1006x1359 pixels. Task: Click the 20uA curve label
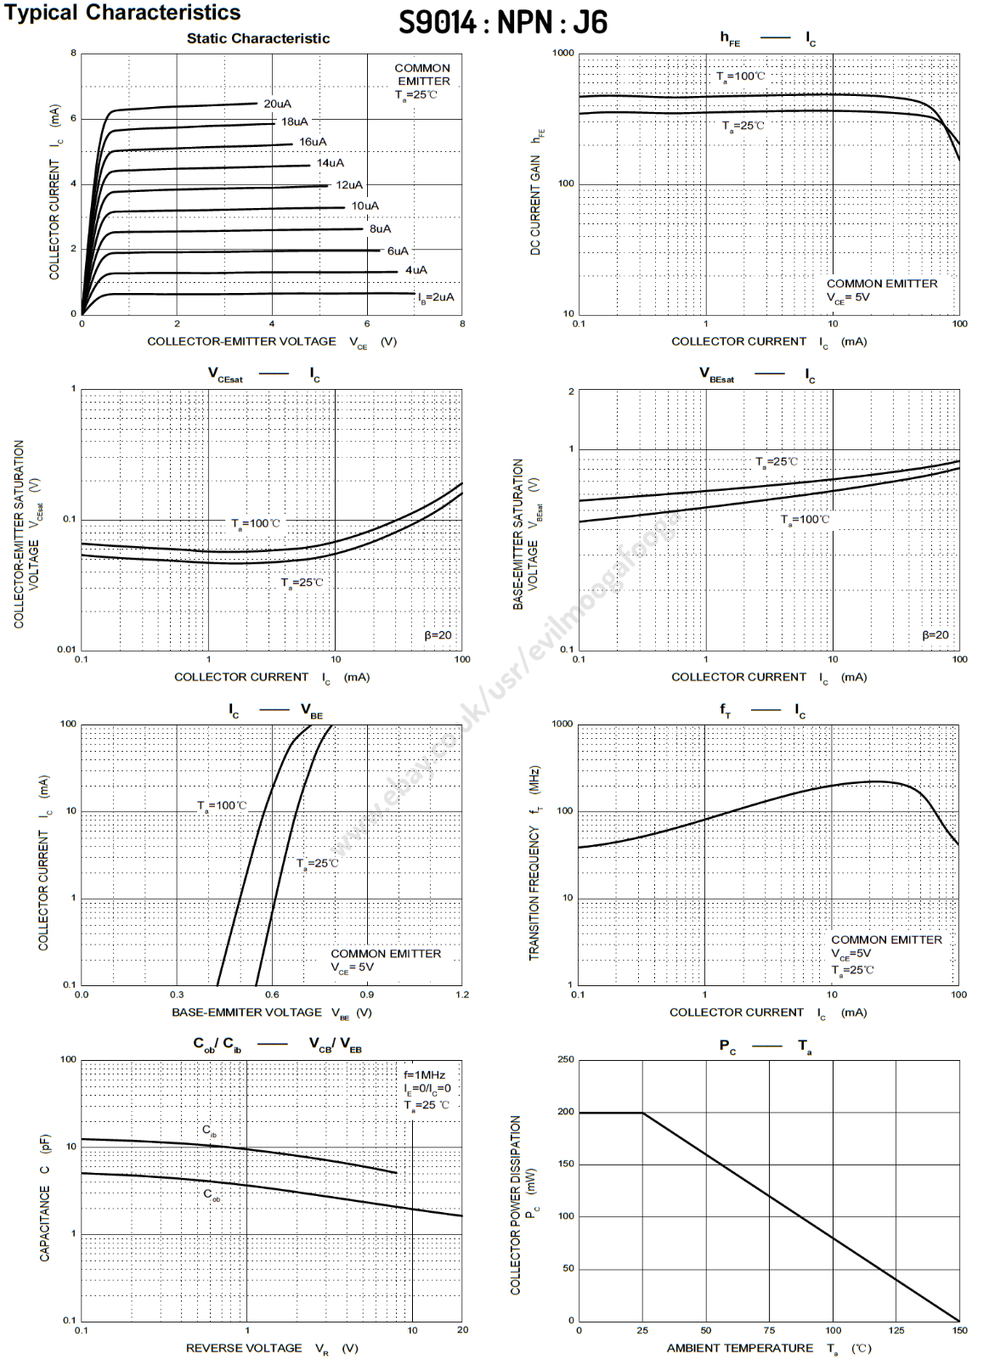[277, 104]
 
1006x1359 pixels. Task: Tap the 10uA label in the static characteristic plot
[365, 206]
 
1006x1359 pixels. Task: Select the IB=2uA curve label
[436, 297]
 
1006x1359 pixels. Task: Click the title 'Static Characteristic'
[257, 38]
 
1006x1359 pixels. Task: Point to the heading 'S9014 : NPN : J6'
[503, 22]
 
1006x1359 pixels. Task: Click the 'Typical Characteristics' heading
[122, 13]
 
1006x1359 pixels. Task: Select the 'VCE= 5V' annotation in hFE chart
[848, 297]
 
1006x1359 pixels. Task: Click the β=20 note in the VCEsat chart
[438, 635]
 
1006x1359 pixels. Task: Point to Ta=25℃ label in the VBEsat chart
[777, 462]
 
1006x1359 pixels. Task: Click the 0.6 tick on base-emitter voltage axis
[272, 995]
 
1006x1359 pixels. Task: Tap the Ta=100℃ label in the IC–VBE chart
[222, 805]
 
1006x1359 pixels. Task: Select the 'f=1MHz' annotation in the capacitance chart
[424, 1075]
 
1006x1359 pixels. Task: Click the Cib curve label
[209, 1131]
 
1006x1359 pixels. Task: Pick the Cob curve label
[212, 1194]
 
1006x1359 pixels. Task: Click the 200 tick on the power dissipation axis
[565, 1112]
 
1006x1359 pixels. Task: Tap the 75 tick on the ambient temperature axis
[769, 1330]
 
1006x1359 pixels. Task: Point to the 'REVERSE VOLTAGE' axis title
[244, 1348]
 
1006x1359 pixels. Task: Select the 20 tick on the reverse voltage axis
[462, 1330]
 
